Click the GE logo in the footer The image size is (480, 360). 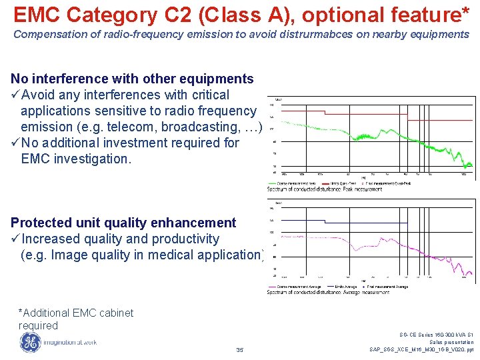[30, 341]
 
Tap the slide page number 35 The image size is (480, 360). [240, 349]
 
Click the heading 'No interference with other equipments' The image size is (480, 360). [132, 79]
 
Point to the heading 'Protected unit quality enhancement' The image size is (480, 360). [123, 223]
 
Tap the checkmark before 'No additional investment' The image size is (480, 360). [15, 143]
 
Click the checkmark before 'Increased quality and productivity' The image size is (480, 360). [15, 239]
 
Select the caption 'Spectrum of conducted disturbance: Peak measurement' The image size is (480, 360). [325, 189]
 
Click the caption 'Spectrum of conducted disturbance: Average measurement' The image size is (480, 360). [329, 291]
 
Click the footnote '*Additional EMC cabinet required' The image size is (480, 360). [75, 319]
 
